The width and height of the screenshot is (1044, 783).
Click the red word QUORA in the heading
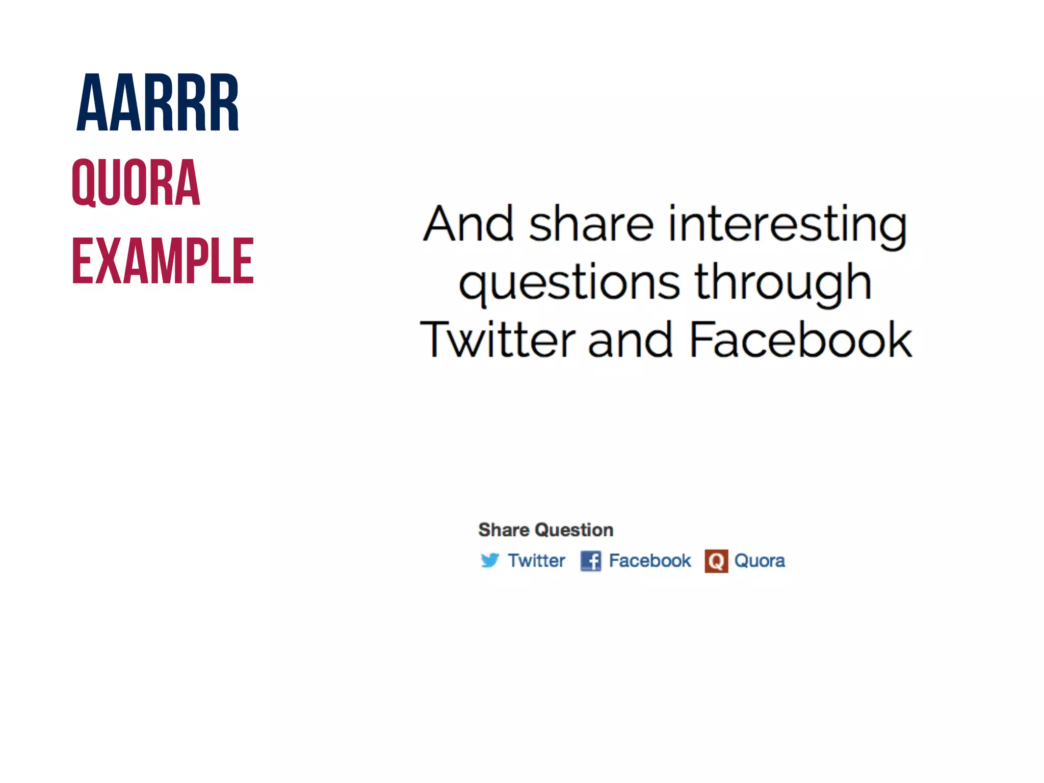point(136,182)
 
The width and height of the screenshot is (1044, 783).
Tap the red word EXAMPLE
point(163,261)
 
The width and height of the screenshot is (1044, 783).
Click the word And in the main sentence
point(468,224)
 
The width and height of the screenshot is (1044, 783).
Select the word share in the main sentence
point(591,224)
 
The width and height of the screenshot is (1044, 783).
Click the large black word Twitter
point(498,340)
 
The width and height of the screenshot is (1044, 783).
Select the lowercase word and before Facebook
point(630,341)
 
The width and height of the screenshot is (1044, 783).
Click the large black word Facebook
point(800,340)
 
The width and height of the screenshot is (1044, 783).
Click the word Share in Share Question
point(504,530)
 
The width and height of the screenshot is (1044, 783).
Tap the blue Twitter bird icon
point(490,560)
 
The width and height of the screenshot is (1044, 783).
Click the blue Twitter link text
point(536,561)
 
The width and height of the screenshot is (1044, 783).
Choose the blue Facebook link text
point(650,561)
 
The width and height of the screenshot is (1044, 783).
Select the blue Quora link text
point(760,561)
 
